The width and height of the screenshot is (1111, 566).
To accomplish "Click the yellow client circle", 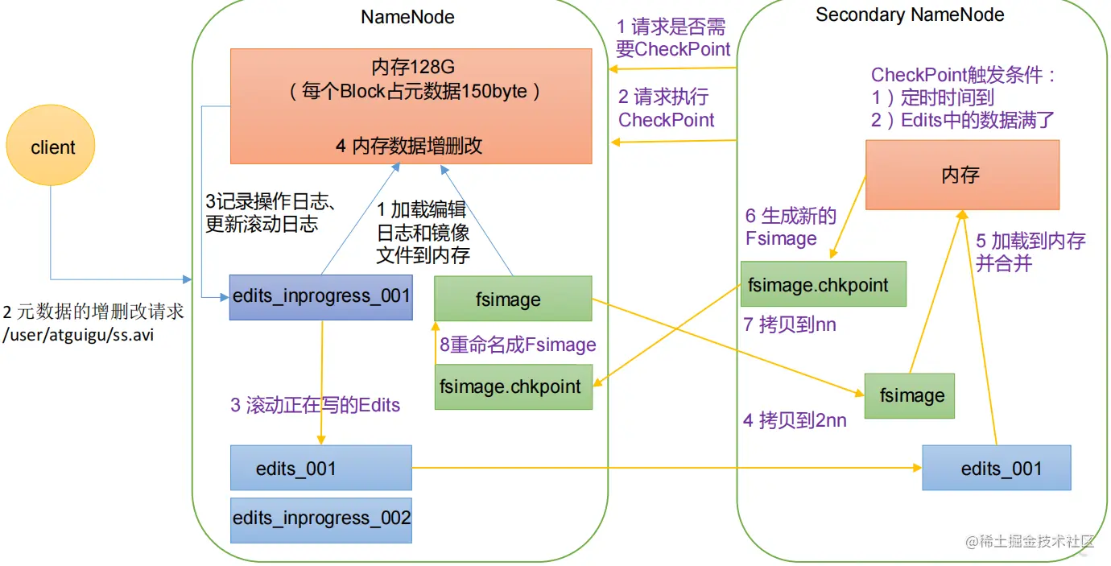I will pyautogui.click(x=51, y=147).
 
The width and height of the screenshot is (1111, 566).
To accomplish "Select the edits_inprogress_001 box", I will pyautogui.click(x=321, y=295).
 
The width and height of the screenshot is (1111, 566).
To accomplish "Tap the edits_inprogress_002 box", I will pyautogui.click(x=321, y=518).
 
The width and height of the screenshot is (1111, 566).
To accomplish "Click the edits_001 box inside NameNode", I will pyautogui.click(x=321, y=469).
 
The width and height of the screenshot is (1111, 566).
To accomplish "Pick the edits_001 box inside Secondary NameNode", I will pyautogui.click(x=997, y=469).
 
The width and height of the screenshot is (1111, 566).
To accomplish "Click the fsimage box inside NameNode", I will pyautogui.click(x=513, y=299).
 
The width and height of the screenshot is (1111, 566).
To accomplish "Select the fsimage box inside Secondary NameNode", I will pyautogui.click(x=910, y=395).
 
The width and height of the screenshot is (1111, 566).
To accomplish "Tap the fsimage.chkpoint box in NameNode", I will pyautogui.click(x=513, y=386).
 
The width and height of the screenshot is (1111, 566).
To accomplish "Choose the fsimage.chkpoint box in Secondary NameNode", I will pyautogui.click(x=823, y=284).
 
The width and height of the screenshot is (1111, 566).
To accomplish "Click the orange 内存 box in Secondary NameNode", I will pyautogui.click(x=962, y=175).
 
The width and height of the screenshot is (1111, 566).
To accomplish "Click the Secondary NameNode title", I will pyautogui.click(x=910, y=15).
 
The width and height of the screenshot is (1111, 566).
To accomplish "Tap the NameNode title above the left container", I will pyautogui.click(x=407, y=17).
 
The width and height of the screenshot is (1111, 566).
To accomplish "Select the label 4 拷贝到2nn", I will pyautogui.click(x=795, y=419).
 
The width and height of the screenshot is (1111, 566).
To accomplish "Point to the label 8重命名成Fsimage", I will pyautogui.click(x=518, y=345).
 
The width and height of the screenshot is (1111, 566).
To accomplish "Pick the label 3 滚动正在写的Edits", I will pyautogui.click(x=315, y=405).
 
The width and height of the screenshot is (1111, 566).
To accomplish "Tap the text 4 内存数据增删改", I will pyautogui.click(x=409, y=146).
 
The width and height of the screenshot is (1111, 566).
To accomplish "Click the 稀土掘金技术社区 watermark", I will pyautogui.click(x=1031, y=540).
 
